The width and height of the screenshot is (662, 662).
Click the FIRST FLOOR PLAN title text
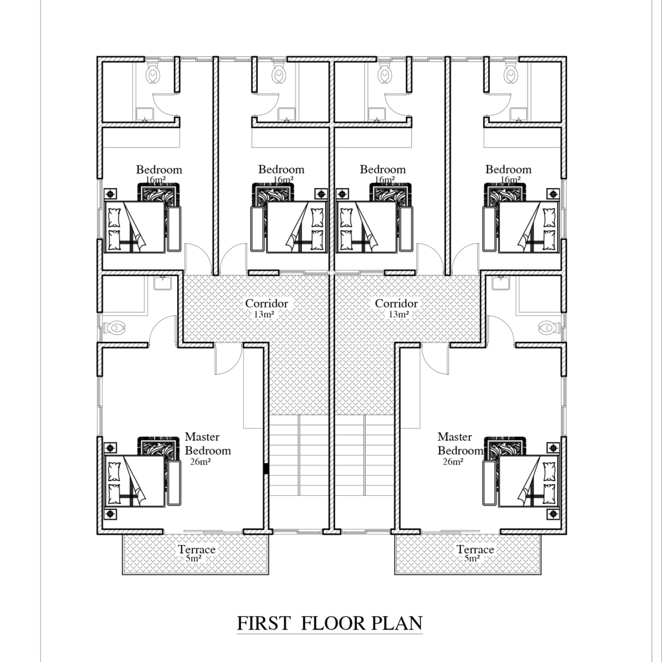(330, 624)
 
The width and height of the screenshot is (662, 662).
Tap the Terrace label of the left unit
(197, 550)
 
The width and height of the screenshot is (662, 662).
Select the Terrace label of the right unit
(475, 550)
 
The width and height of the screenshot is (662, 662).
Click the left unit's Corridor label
(266, 303)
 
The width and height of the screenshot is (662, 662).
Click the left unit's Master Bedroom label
(208, 444)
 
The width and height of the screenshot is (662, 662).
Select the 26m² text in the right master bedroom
(453, 462)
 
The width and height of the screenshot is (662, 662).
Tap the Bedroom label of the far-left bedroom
(159, 170)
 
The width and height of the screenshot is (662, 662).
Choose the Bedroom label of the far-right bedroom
(508, 170)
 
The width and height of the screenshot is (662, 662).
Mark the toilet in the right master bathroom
(547, 328)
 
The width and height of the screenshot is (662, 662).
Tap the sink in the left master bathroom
(162, 283)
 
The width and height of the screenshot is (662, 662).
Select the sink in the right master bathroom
(500, 283)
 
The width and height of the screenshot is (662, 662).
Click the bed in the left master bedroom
(134, 481)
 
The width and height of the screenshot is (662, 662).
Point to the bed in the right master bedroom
(529, 481)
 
